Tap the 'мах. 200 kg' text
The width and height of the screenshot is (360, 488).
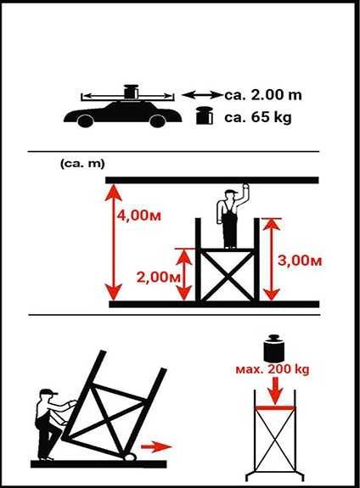[x=274, y=370]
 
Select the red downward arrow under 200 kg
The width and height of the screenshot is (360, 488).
[x=274, y=391]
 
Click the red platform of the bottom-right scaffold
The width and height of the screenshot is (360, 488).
[x=274, y=409]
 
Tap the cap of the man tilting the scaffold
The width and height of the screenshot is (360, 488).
[x=48, y=393]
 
